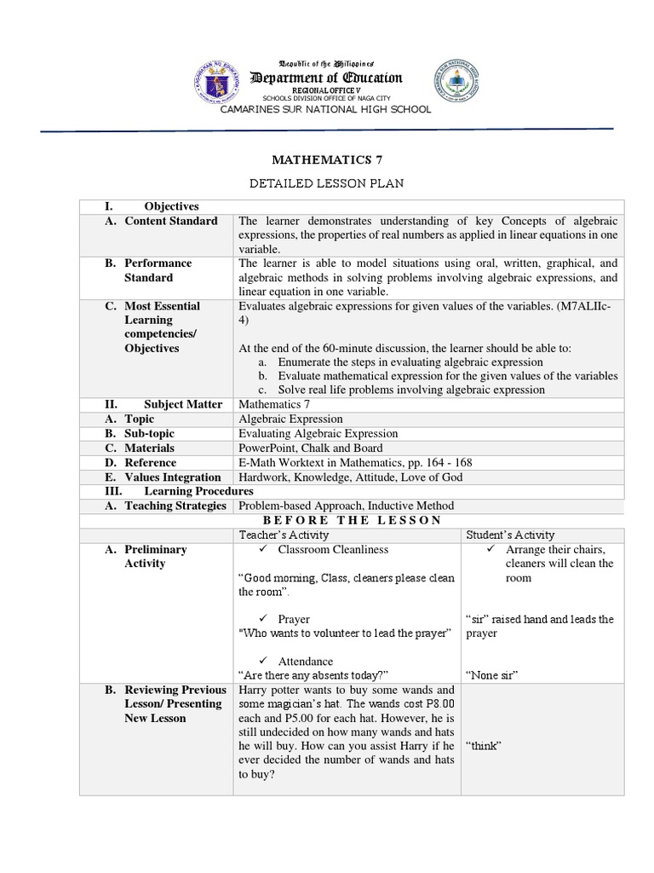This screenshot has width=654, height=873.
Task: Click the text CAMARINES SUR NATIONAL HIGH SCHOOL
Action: pos(326,110)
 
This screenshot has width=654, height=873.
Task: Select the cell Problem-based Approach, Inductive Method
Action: pos(347,506)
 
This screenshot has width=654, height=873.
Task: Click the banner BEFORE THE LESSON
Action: pos(352,520)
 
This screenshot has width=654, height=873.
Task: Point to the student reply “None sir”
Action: pos(493,675)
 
